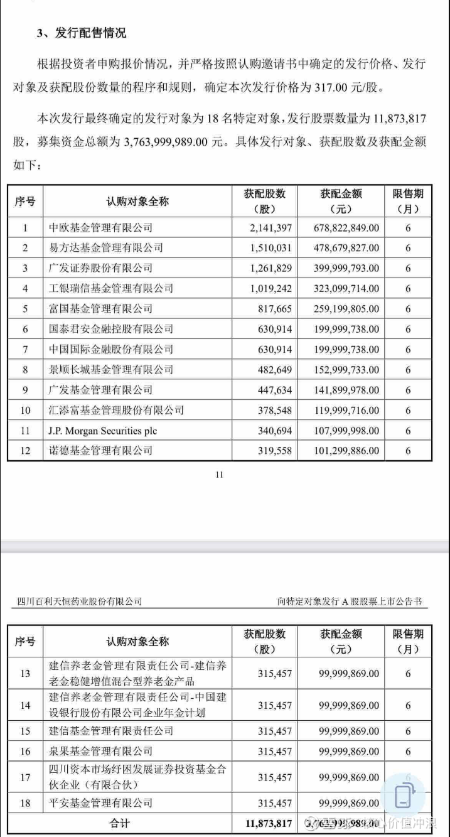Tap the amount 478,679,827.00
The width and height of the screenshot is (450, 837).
(x=345, y=248)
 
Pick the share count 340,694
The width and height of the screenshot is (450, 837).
(x=274, y=430)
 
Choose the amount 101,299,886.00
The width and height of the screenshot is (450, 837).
(x=345, y=450)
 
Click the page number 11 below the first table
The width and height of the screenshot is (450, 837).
(x=219, y=475)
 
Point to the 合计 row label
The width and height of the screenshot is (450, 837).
(x=119, y=823)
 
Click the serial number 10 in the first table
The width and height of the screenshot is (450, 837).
(x=25, y=410)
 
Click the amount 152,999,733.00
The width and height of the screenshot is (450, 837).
(x=345, y=369)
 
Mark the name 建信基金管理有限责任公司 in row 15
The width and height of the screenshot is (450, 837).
(x=111, y=731)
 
